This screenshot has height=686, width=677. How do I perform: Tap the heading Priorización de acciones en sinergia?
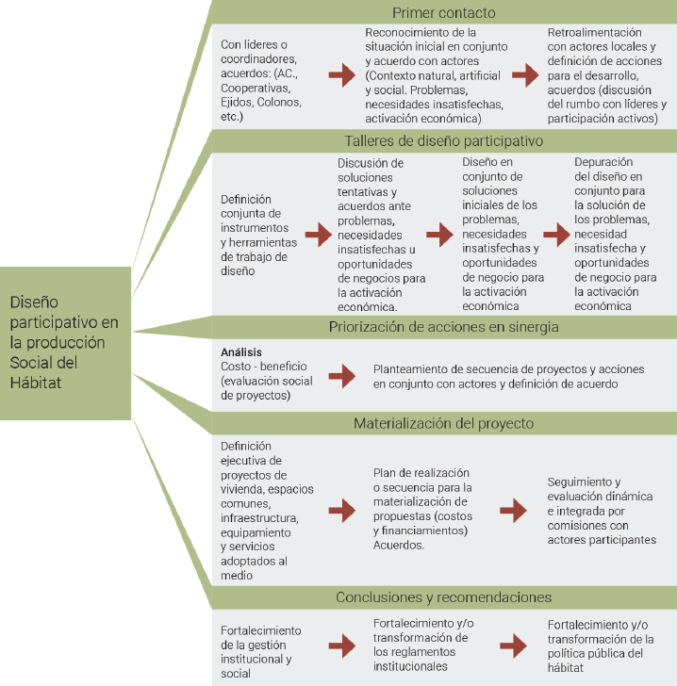pyautogui.click(x=443, y=327)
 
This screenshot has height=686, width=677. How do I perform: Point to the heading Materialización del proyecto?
pyautogui.click(x=443, y=423)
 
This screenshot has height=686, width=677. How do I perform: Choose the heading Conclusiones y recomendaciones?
pyautogui.click(x=442, y=597)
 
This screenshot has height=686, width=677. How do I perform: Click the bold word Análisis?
pyautogui.click(x=241, y=351)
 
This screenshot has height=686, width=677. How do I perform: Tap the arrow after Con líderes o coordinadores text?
pyautogui.click(x=341, y=77)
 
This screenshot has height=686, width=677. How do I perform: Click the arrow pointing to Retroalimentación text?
pyautogui.click(x=524, y=77)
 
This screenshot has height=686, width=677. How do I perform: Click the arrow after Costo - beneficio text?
pyautogui.click(x=341, y=375)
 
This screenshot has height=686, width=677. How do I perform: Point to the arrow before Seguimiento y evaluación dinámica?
pyautogui.click(x=513, y=510)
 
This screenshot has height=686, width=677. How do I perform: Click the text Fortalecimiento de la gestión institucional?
pyautogui.click(x=260, y=651)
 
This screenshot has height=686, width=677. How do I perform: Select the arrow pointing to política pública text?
pyautogui.click(x=513, y=645)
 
